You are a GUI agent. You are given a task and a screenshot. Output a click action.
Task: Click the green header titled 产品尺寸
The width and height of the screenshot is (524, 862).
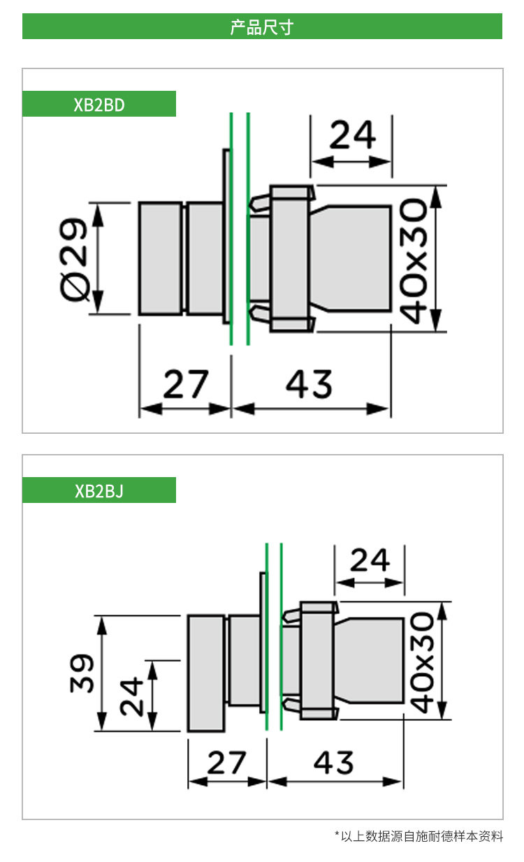pyautogui.click(x=262, y=26)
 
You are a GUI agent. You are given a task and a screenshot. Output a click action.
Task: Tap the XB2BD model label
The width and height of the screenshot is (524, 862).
pyautogui.click(x=99, y=104)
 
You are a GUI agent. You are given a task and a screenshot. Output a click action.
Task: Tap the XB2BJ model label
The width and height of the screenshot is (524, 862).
pyautogui.click(x=99, y=490)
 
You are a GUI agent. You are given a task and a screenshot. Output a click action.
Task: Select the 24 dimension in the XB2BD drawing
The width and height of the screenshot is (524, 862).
pyautogui.click(x=352, y=134)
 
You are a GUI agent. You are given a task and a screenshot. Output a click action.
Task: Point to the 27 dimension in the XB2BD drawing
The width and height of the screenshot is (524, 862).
pyautogui.click(x=186, y=383)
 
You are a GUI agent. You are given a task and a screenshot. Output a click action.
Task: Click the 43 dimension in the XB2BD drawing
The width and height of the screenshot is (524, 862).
pyautogui.click(x=309, y=383)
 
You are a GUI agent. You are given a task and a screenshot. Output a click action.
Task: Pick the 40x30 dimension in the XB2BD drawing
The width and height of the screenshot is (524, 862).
pyautogui.click(x=413, y=261)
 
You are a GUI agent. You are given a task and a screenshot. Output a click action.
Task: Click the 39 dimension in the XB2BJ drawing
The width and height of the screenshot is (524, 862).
pyautogui.click(x=82, y=673)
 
